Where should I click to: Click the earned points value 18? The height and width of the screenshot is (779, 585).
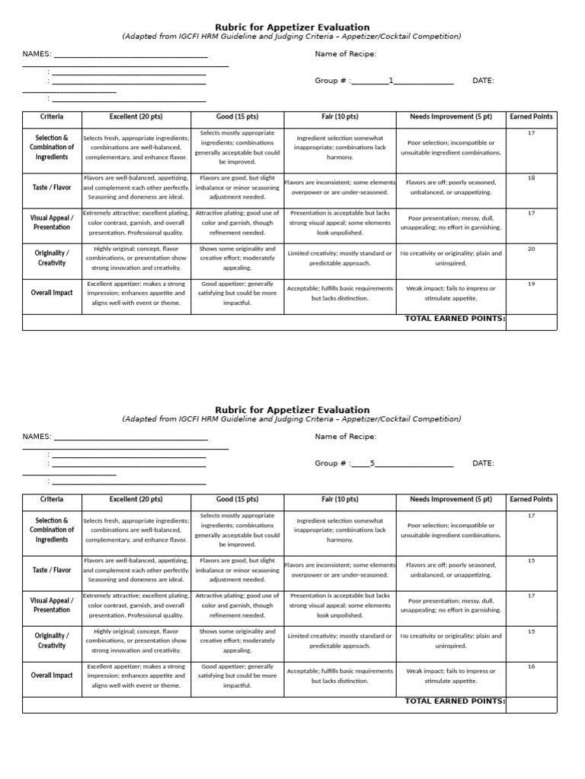[531, 178]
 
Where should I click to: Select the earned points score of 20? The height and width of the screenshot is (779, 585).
[531, 249]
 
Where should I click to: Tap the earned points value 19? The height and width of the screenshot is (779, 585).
[531, 284]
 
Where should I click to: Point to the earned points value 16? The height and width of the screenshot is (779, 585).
[531, 666]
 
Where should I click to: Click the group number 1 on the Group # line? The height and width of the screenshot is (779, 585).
[392, 81]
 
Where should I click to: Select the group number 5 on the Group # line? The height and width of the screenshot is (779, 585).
[372, 463]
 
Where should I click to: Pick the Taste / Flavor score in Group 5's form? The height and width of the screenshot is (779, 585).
[531, 561]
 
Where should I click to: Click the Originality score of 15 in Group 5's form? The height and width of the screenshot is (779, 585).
[531, 631]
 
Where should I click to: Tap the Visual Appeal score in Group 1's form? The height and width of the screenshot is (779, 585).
[531, 213]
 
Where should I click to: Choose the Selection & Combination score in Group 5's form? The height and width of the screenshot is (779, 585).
[531, 516]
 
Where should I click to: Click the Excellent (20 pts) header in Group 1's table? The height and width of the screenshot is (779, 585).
[136, 117]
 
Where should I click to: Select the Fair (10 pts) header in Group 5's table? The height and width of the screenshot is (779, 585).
[340, 500]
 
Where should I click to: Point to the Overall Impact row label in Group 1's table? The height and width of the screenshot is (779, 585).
[52, 293]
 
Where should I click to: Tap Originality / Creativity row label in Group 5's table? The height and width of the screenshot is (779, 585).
[52, 641]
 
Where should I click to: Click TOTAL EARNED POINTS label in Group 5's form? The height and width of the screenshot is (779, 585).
[455, 701]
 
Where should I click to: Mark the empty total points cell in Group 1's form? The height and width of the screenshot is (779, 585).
[531, 322]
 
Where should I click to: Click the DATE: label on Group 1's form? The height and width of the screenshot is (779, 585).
[483, 81]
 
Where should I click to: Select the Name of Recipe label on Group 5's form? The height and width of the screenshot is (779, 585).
[345, 437]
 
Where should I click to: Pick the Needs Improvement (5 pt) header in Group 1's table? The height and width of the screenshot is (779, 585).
[451, 117]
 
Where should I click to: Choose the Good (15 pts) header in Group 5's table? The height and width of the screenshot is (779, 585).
[237, 500]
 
